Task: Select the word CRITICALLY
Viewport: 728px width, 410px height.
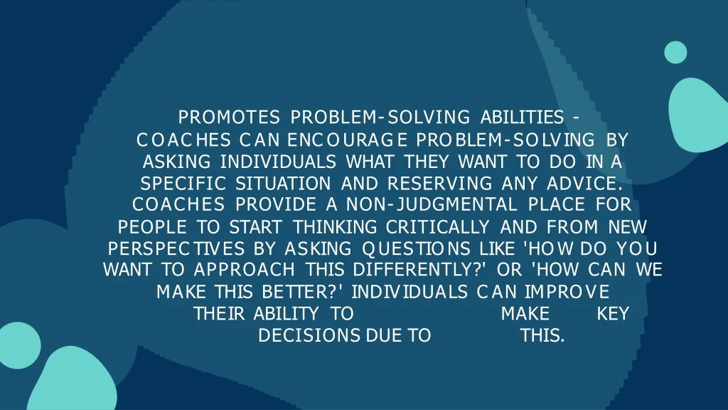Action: pos(438,227)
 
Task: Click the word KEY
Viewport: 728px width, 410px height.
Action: pos(613,314)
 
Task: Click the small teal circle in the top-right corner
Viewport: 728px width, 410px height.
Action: pos(675,52)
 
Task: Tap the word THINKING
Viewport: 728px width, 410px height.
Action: pos(336,227)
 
